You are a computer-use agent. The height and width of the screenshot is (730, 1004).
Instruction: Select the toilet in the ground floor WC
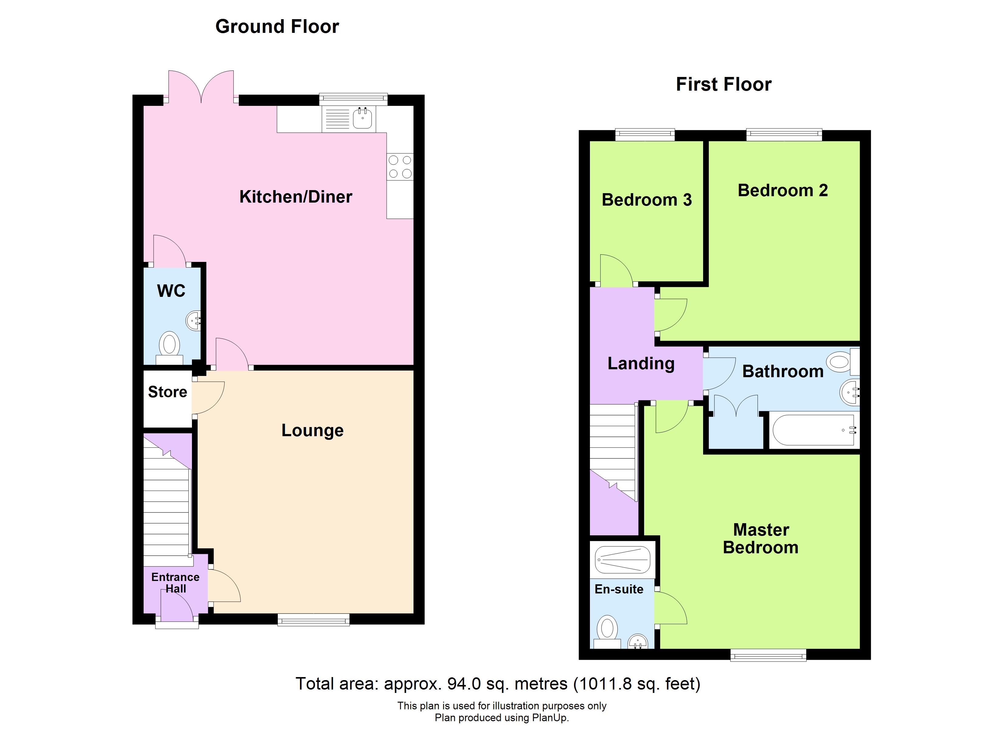pos(169,345)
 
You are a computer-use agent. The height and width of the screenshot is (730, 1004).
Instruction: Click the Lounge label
pos(312,430)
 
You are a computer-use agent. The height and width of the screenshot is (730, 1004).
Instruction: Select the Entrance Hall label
pos(175,582)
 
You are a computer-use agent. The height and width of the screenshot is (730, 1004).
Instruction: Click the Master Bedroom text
pos(761,539)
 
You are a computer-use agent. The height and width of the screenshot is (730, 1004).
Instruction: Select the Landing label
pos(640,363)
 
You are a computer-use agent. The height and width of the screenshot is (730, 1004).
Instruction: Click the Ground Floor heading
pos(277,26)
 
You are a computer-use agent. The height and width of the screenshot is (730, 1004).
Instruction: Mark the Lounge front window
pos(313,620)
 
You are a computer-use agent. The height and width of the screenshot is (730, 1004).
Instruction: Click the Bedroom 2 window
pos(784,134)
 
